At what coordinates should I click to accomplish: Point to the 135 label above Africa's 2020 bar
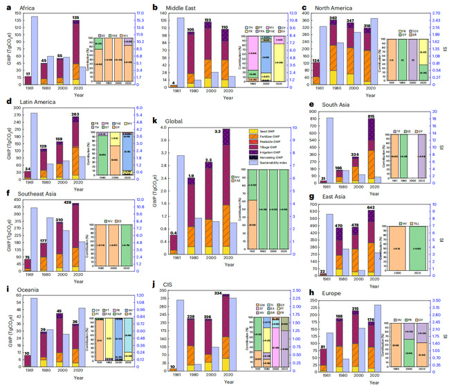(77, 19)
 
